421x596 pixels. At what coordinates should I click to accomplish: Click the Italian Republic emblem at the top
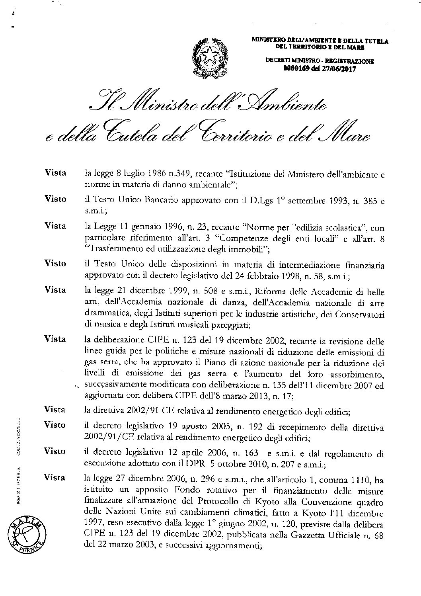point(210,56)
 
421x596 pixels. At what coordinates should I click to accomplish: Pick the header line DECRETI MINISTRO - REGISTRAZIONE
point(320,61)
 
